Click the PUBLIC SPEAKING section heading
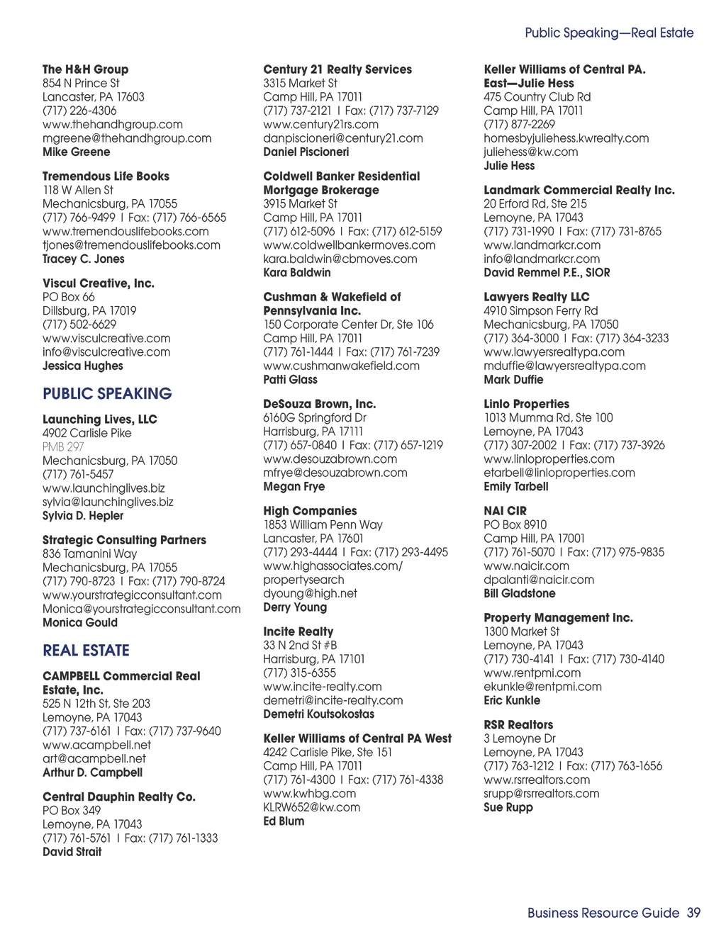[107, 394]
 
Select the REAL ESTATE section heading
[86, 651]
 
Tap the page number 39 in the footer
[693, 913]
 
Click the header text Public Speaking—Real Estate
[608, 33]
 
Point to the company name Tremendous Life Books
[106, 176]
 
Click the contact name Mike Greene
[76, 152]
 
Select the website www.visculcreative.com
[106, 338]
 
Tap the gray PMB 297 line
[63, 446]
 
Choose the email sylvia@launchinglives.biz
[108, 502]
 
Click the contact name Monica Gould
[80, 622]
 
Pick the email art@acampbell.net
[94, 758]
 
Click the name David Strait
[72, 852]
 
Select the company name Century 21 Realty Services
[337, 69]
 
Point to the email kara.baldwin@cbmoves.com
[340, 259]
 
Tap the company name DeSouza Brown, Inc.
[319, 404]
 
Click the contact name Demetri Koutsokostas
[318, 714]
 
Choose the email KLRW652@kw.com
[311, 807]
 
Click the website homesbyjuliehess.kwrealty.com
[566, 138]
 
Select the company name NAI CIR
[505, 511]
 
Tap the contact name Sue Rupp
[508, 807]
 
